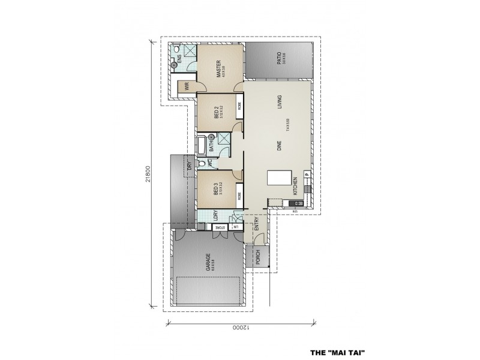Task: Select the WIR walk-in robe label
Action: (187, 85)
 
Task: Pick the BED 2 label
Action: (217, 112)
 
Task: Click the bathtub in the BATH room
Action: (203, 145)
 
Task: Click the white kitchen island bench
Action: (279, 178)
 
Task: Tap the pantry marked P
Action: (306, 175)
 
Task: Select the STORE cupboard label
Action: (221, 227)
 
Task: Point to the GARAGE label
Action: (208, 262)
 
